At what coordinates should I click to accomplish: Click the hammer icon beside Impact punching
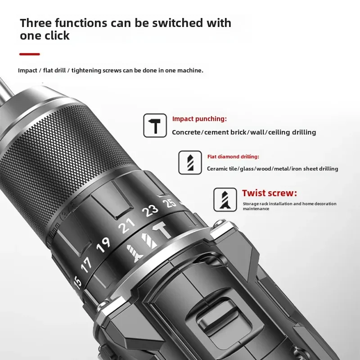(155, 126)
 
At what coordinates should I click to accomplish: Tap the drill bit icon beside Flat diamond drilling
(190, 162)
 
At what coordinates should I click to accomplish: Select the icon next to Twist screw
(225, 199)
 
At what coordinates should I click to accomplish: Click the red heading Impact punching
(199, 119)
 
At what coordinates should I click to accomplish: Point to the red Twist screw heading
(270, 193)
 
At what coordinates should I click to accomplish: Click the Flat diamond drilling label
(233, 157)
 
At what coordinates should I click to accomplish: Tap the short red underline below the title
(30, 54)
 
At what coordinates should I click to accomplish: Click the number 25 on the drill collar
(170, 202)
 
